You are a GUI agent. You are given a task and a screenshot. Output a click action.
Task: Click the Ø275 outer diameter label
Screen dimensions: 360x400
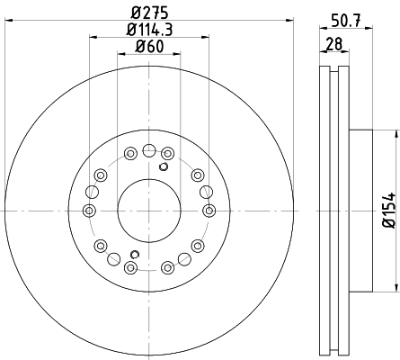pos(149,13)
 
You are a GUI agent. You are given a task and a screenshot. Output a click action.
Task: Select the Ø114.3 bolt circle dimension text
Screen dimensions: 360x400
pos(149,29)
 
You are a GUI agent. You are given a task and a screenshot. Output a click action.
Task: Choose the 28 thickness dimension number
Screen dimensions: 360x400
pos(333,45)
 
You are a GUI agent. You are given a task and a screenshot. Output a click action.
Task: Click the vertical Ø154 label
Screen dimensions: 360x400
pos(387,210)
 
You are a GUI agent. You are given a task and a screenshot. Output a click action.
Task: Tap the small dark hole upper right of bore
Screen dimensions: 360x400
pos(164,166)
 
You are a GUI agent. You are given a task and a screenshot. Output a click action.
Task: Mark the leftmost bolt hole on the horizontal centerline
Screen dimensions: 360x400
pos(89,210)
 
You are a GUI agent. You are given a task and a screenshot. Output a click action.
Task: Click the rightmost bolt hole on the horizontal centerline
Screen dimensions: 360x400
pos(209,210)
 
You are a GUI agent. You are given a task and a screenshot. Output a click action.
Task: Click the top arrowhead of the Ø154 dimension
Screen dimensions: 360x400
pos(394,132)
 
